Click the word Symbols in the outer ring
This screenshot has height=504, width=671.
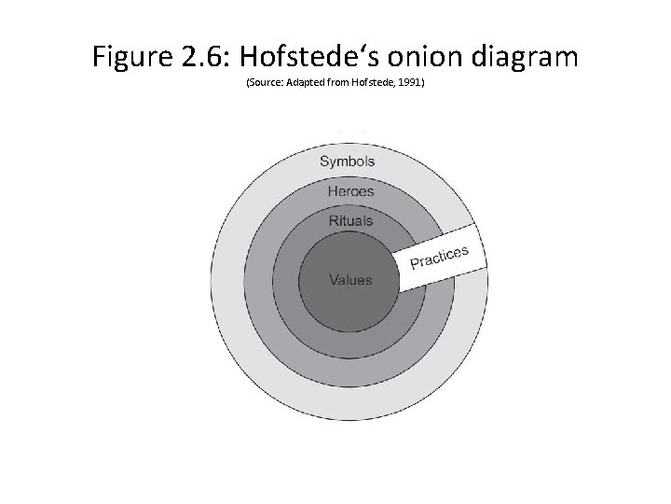click(348, 161)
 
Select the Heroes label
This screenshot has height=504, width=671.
click(350, 192)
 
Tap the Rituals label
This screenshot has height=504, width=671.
click(350, 221)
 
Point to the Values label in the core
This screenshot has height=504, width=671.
click(350, 280)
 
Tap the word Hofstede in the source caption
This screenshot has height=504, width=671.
click(372, 84)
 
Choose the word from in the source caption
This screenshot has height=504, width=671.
click(336, 84)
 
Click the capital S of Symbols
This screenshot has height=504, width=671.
click(325, 161)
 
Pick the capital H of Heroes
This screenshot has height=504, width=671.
click(333, 192)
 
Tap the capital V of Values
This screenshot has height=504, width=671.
click(334, 280)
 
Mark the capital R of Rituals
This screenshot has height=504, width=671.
click(334, 221)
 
